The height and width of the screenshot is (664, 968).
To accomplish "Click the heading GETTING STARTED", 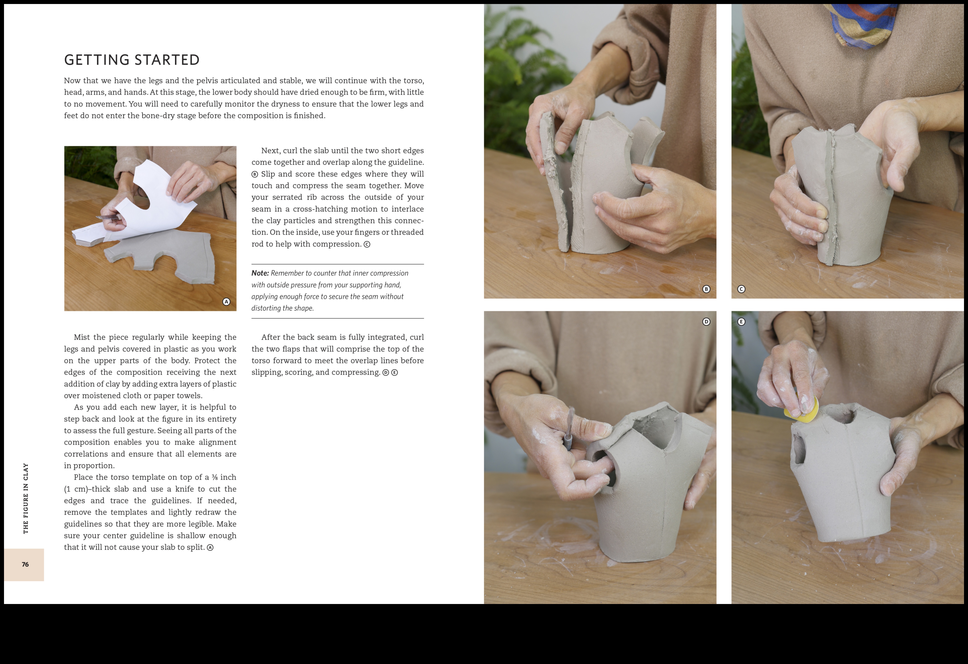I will tap(132, 60).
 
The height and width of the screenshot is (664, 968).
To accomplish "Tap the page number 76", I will tap(25, 564).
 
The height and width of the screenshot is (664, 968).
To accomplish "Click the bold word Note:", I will tap(260, 273).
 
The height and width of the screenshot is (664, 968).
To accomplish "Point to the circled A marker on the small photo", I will tap(226, 302).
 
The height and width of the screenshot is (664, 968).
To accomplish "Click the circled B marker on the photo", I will tap(706, 289).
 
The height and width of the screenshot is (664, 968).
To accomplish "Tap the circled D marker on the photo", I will tap(706, 322).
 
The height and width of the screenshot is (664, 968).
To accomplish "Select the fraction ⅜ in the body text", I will tap(215, 477).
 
